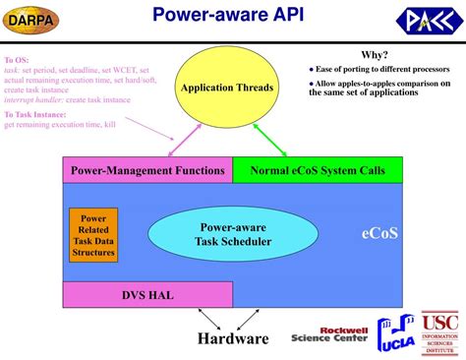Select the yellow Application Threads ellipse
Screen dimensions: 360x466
(226, 89)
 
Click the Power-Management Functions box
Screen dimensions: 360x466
(147, 170)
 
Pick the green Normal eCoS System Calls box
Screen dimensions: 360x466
(318, 170)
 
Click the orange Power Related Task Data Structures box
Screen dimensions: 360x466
(93, 234)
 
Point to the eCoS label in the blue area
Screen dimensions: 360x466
(379, 234)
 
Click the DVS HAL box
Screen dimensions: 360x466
(147, 294)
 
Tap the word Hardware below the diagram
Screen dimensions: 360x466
(232, 338)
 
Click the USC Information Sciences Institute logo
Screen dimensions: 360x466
(439, 332)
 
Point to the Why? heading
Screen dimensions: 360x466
(374, 55)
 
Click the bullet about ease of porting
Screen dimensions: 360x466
(376, 69)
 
